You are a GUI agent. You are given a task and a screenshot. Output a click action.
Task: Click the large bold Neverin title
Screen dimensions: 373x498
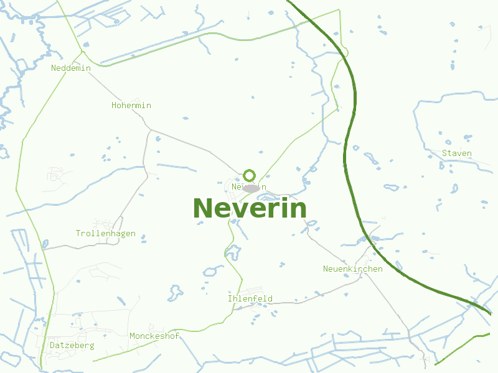(x=250, y=208)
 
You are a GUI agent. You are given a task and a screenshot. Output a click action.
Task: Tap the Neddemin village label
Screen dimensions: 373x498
(x=71, y=68)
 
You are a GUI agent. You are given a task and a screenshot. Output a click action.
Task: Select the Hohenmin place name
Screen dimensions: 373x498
(x=131, y=106)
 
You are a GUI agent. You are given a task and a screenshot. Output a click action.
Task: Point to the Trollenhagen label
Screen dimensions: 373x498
(x=105, y=234)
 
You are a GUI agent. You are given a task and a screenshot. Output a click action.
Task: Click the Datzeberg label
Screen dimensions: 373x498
(x=72, y=345)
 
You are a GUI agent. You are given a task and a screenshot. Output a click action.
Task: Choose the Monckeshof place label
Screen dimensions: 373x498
(x=154, y=336)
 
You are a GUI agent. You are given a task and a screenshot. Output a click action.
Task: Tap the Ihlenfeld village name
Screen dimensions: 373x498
(x=250, y=299)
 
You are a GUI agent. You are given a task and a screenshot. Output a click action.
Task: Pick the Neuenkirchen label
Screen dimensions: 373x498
(x=352, y=269)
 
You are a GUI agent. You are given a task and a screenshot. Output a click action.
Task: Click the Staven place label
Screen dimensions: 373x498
(x=457, y=154)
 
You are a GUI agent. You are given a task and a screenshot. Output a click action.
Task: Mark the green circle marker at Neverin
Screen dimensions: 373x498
(x=250, y=175)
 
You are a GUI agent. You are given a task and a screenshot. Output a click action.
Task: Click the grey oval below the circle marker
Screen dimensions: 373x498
(x=250, y=188)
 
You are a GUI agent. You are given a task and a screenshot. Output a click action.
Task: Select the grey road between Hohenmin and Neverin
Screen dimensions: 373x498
(x=199, y=150)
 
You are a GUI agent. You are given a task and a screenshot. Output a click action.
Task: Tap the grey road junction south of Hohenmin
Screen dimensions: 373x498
(x=149, y=130)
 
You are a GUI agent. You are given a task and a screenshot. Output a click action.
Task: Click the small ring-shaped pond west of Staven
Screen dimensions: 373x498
(x=392, y=186)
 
